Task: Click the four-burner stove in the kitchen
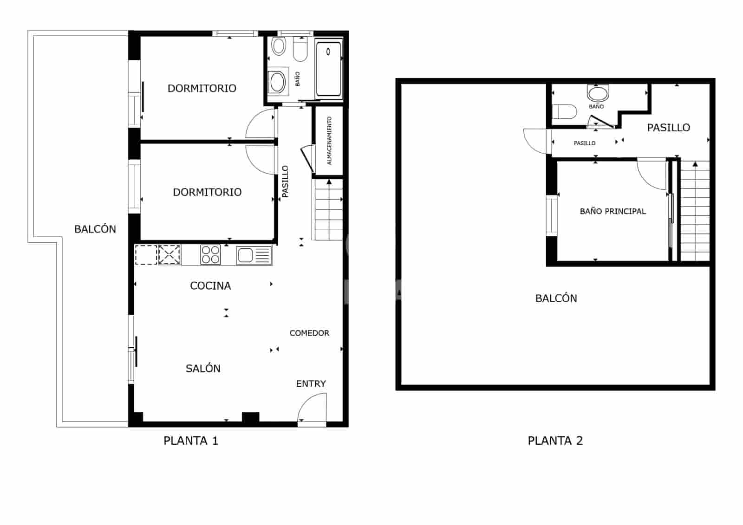[210, 255]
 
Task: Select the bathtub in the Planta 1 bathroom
[329, 68]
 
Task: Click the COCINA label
[210, 286]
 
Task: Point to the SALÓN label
[203, 369]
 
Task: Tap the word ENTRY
[311, 384]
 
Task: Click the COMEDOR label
[309, 333]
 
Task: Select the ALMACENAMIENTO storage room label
[329, 141]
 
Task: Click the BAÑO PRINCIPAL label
[613, 212]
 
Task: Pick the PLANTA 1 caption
[191, 441]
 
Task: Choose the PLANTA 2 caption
[555, 441]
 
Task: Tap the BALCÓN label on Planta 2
[556, 298]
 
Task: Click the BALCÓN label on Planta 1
[95, 229]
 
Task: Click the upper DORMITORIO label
[202, 88]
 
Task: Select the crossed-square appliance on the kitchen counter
[169, 255]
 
